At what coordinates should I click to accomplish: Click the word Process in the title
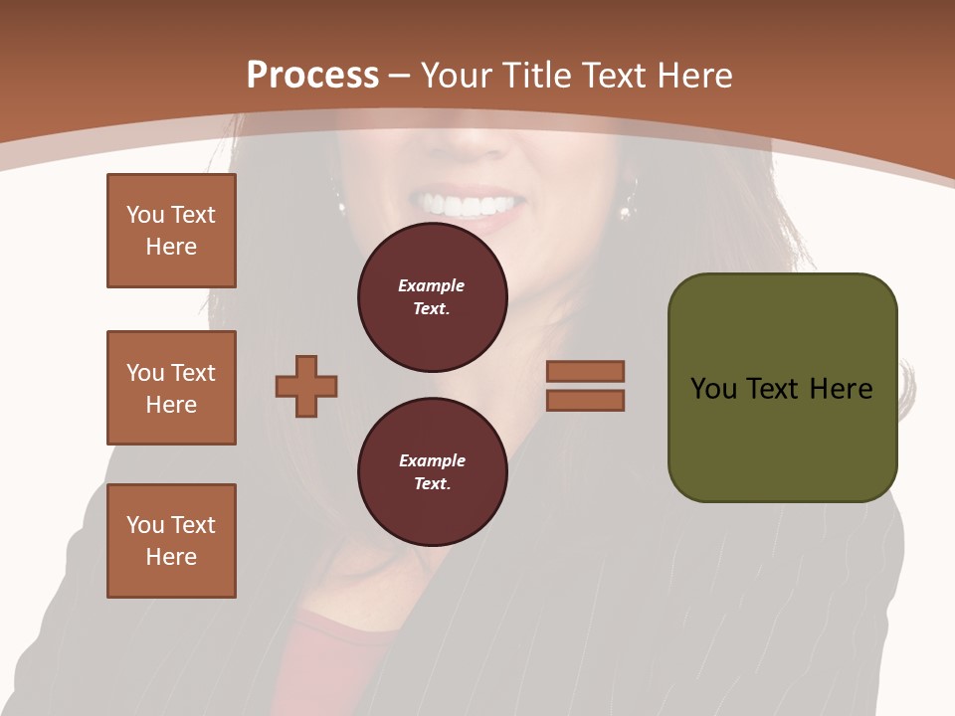tap(312, 76)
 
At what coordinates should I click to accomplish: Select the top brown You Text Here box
tap(171, 231)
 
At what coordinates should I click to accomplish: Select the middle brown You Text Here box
tap(171, 388)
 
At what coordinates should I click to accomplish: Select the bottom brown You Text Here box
tap(171, 541)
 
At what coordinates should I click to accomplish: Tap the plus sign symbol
tap(306, 386)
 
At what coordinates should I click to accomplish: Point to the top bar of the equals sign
tap(586, 372)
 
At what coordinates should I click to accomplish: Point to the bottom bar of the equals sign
tap(586, 400)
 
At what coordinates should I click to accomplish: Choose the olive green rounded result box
tap(782, 438)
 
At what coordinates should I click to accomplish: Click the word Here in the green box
tap(841, 389)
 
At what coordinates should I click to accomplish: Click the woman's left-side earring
tap(341, 207)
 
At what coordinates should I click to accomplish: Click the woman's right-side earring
tap(627, 210)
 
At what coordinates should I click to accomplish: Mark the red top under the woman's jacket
tap(338, 646)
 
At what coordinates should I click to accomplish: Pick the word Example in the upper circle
tap(432, 285)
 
